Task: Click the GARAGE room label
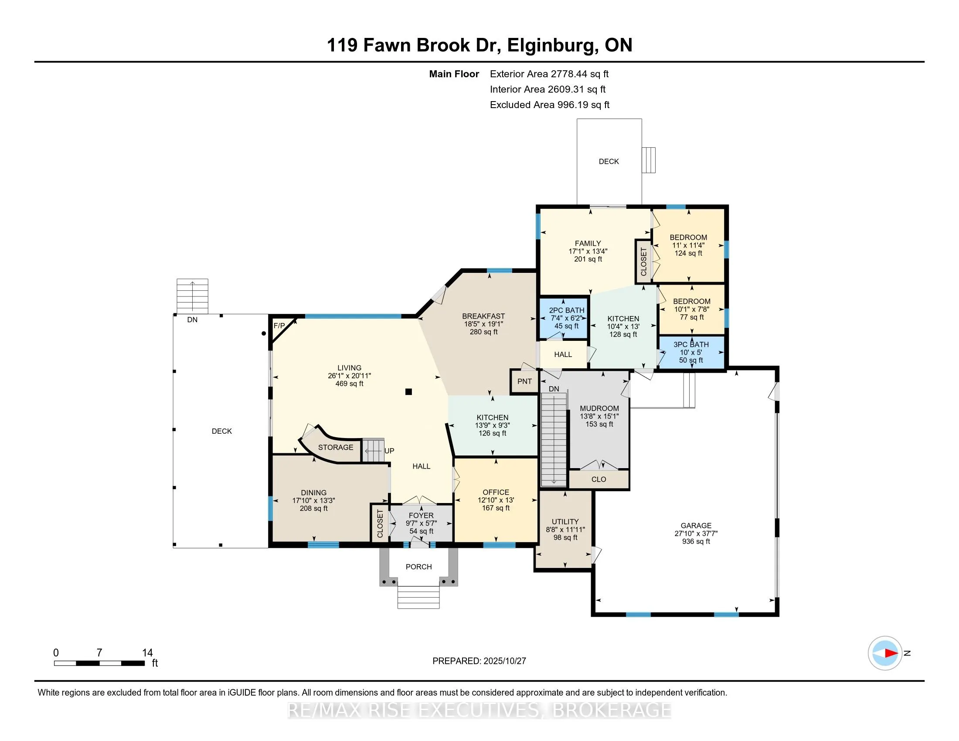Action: click(696, 526)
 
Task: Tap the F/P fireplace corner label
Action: click(279, 326)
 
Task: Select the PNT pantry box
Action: click(524, 381)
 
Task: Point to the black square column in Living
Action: click(408, 392)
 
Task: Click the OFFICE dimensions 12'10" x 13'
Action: click(496, 500)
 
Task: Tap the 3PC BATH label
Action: click(691, 345)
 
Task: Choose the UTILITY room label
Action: click(565, 521)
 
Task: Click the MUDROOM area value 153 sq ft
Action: click(599, 424)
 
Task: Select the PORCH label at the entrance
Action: click(418, 567)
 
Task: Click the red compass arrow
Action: click(891, 653)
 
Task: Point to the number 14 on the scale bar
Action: click(147, 653)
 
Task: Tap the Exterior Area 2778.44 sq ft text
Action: click(549, 74)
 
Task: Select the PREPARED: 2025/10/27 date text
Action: click(479, 661)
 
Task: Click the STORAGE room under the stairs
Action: click(336, 447)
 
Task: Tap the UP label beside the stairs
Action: click(389, 451)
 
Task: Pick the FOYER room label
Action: click(421, 515)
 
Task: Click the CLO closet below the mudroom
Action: click(599, 479)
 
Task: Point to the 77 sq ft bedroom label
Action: click(692, 317)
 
